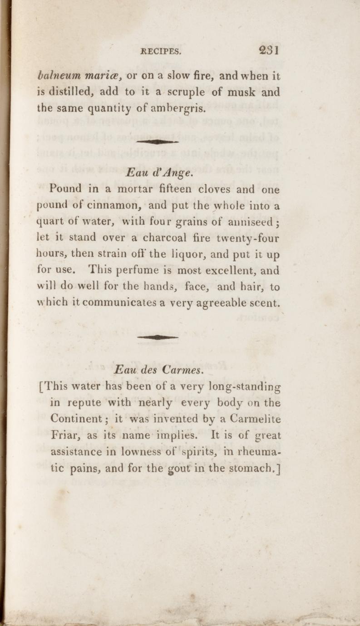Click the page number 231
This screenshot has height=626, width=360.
tap(269, 50)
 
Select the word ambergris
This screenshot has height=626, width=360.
tap(179, 109)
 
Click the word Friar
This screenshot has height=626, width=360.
tap(64, 435)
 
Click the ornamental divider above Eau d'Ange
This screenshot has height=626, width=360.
tap(157, 142)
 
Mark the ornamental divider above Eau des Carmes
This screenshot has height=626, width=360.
tap(157, 337)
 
